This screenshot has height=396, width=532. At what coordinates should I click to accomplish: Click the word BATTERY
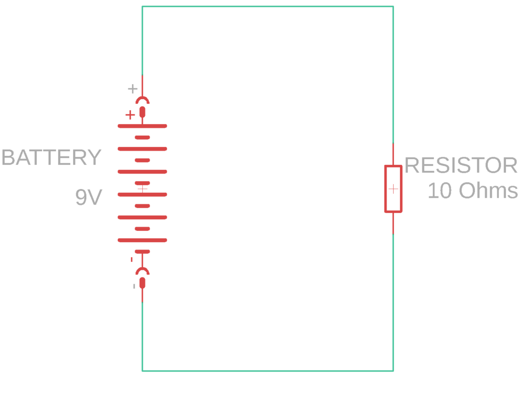tap(51, 157)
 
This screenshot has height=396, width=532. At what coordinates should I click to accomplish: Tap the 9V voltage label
tap(88, 197)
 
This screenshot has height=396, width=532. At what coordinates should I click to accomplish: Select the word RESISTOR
tap(461, 166)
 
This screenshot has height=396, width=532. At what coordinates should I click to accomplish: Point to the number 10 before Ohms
tap(440, 191)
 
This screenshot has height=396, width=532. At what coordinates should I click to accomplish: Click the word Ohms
tap(488, 191)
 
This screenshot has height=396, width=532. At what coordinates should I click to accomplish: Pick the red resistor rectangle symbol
tap(393, 189)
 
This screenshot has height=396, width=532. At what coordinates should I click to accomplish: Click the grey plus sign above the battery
tap(132, 88)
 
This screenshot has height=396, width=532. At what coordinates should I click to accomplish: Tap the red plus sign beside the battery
tap(130, 115)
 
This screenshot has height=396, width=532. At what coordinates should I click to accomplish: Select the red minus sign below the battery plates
tap(131, 259)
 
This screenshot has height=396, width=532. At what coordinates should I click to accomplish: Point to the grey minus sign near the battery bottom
tap(134, 286)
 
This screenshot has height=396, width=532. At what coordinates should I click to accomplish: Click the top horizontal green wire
tap(268, 7)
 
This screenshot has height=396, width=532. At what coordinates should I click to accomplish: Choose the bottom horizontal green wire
tap(268, 371)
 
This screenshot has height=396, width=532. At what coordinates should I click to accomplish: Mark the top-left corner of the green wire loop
tap(142, 7)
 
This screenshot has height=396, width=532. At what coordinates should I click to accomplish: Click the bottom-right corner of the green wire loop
tap(393, 371)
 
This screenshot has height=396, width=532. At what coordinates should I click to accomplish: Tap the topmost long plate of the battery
tap(142, 126)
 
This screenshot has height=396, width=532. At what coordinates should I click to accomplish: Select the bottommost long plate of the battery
tap(142, 240)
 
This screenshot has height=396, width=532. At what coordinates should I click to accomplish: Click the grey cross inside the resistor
tap(393, 189)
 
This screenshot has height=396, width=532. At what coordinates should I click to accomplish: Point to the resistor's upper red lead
tap(393, 154)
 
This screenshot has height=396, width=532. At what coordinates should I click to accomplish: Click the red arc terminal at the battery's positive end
tap(142, 100)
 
